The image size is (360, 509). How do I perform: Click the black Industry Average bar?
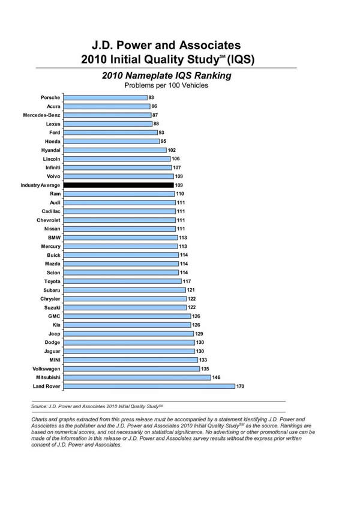click(118, 185)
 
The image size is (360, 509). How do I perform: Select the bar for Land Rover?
click(149, 386)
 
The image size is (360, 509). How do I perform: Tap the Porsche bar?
click(105, 97)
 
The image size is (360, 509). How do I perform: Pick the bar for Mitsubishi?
click(137, 377)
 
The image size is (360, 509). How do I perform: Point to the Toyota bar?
click(122, 281)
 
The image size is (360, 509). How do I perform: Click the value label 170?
click(240, 386)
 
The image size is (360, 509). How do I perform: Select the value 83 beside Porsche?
click(152, 97)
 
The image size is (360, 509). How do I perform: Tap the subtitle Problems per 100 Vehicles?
click(166, 85)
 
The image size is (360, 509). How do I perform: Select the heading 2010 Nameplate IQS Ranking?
click(166, 76)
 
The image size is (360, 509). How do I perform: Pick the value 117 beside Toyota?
click(187, 281)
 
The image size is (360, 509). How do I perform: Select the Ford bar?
click(110, 132)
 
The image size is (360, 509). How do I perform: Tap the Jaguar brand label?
click(50, 351)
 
